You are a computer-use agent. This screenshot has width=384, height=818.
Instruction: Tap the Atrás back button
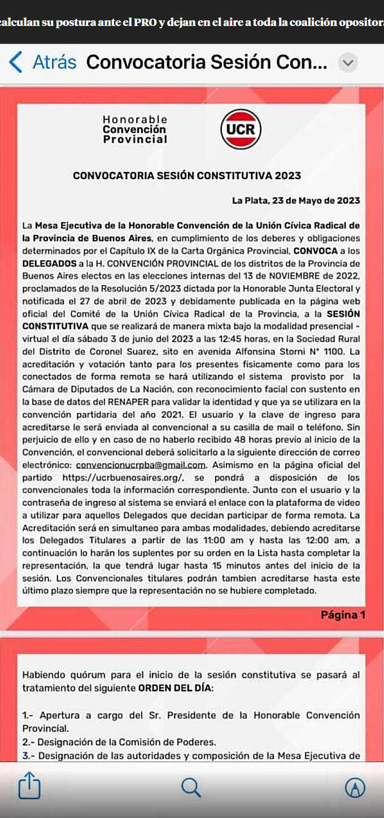click(x=43, y=62)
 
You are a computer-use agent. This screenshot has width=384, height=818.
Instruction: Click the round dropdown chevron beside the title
click(x=348, y=63)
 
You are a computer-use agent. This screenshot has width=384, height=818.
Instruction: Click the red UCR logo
click(x=241, y=129)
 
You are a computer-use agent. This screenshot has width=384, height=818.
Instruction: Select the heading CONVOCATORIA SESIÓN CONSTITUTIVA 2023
click(x=187, y=176)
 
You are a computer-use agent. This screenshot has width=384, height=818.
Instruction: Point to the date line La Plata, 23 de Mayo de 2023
click(x=296, y=201)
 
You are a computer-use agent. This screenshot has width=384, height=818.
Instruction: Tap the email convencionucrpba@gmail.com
click(x=140, y=465)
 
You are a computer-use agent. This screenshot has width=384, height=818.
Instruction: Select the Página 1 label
click(x=343, y=615)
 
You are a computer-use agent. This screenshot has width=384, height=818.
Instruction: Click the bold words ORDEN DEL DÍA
click(x=176, y=688)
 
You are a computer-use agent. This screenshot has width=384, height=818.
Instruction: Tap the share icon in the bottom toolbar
click(x=29, y=786)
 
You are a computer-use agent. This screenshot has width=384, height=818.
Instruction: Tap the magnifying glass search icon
click(x=191, y=786)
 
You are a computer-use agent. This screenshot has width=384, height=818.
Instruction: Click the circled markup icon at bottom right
click(x=355, y=787)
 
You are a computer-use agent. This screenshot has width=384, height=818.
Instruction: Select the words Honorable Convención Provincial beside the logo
click(x=135, y=129)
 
